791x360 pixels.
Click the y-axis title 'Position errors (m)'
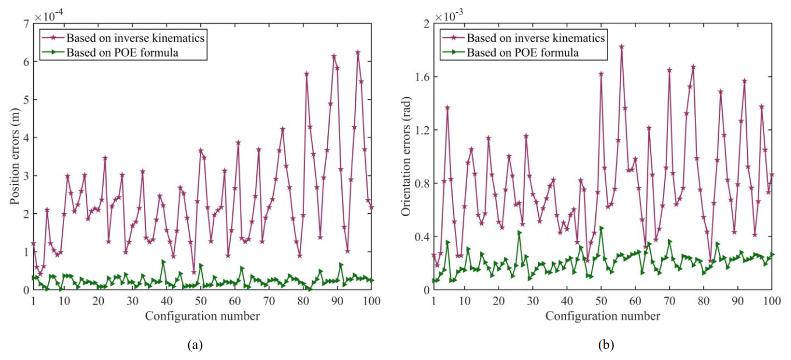click(x=15, y=157)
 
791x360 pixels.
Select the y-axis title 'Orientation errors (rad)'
click(x=407, y=157)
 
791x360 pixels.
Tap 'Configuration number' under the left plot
click(x=202, y=316)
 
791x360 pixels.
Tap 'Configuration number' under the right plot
click(x=603, y=316)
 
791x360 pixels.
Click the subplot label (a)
click(x=195, y=344)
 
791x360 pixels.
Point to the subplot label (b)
click(x=606, y=344)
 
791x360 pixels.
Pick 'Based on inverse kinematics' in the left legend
click(x=136, y=38)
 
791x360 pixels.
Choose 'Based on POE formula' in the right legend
click(x=522, y=52)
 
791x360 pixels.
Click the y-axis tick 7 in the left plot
click(x=26, y=24)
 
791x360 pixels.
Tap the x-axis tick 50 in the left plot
click(x=200, y=301)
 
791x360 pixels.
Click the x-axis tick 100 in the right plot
click(x=772, y=301)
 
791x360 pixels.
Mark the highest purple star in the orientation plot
click(x=622, y=46)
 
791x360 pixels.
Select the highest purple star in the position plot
click(x=358, y=52)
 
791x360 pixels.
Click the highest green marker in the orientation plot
click(x=601, y=228)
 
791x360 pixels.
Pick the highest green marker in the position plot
click(x=164, y=262)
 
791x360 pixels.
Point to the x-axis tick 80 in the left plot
click(x=303, y=301)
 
